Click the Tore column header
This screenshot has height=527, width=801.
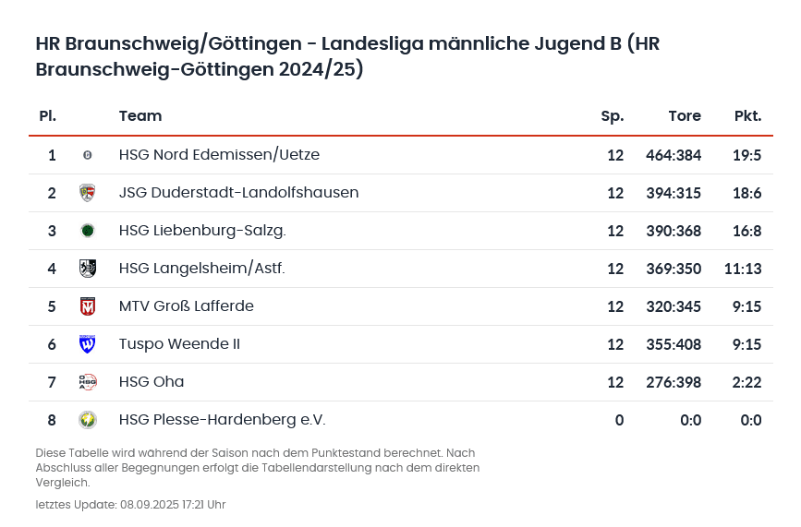pyautogui.click(x=684, y=116)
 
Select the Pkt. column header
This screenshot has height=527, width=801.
pyautogui.click(x=747, y=116)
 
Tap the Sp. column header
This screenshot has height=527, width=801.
pyautogui.click(x=612, y=116)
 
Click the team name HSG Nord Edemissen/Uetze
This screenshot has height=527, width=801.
pyautogui.click(x=219, y=155)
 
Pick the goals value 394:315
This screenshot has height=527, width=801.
pyautogui.click(x=673, y=193)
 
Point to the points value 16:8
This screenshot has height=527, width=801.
pyautogui.click(x=746, y=231)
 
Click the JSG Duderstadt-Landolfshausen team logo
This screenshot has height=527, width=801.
pyautogui.click(x=88, y=193)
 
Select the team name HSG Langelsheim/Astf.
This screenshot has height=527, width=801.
pyautogui.click(x=201, y=269)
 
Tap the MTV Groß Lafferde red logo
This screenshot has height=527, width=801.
pyautogui.click(x=88, y=306)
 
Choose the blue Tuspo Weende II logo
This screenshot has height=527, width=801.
pyautogui.click(x=88, y=344)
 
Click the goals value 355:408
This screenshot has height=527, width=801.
pyautogui.click(x=673, y=344)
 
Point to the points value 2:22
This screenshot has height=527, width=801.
pyautogui.click(x=746, y=382)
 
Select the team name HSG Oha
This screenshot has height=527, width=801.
pyautogui.click(x=152, y=382)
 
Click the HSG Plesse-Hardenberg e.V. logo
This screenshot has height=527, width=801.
pyautogui.click(x=88, y=420)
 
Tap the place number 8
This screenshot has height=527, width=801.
pyautogui.click(x=52, y=420)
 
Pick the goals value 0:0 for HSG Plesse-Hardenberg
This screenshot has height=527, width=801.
pyautogui.click(x=690, y=420)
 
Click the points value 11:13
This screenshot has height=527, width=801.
pyautogui.click(x=743, y=269)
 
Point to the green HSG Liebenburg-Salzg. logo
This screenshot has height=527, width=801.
pyautogui.click(x=88, y=231)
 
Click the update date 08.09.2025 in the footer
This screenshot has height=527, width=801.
pyautogui.click(x=151, y=505)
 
